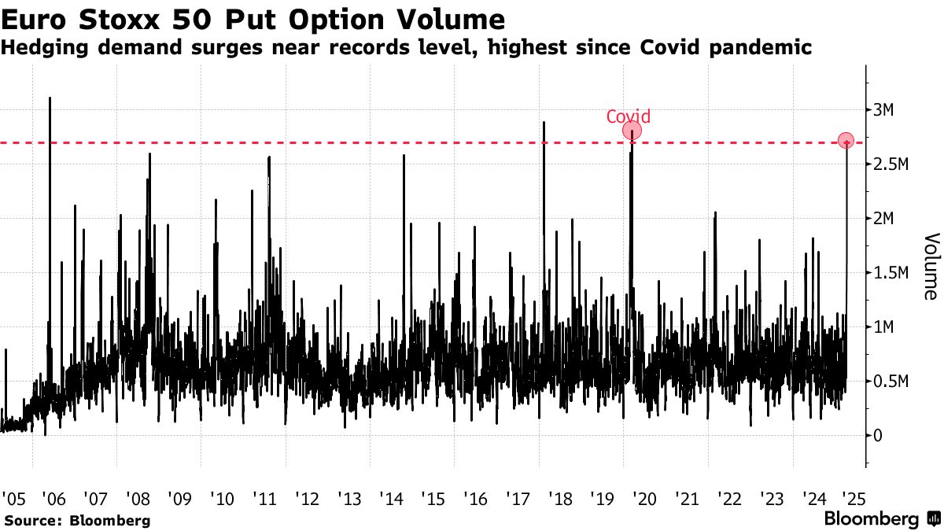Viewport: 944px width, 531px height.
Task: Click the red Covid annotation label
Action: [x=629, y=117]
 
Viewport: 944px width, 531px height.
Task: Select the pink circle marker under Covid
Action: [x=632, y=131]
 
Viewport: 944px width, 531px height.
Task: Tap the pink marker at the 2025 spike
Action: [x=846, y=141]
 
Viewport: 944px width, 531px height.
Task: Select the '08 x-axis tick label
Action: [x=138, y=499]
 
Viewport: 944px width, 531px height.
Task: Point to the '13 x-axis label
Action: [x=349, y=499]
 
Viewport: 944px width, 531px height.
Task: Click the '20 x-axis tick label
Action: [x=644, y=499]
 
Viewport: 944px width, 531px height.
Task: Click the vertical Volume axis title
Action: [x=930, y=266]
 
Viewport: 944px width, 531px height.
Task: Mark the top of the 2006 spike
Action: [x=50, y=98]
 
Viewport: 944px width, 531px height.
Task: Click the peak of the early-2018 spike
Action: [x=544, y=123]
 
